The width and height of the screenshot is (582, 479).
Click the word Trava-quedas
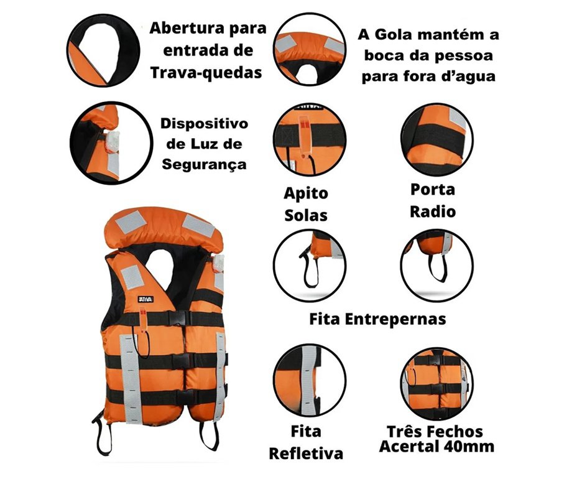point(206,72)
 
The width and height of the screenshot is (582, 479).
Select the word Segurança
point(204,164)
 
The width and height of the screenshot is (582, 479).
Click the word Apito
point(306,193)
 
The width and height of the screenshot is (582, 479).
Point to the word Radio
point(432,212)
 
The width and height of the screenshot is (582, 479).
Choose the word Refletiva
point(306,453)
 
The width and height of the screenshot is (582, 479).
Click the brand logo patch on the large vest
point(145,299)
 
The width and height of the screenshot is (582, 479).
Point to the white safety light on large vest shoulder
point(218,263)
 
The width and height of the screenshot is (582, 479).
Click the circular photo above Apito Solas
point(310,139)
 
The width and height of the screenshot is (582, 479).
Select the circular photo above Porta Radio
point(437,139)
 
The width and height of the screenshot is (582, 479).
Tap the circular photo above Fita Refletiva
point(310,381)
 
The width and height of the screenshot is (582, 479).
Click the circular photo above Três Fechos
point(437,384)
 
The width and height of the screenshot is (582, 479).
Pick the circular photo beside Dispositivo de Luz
point(111,143)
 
